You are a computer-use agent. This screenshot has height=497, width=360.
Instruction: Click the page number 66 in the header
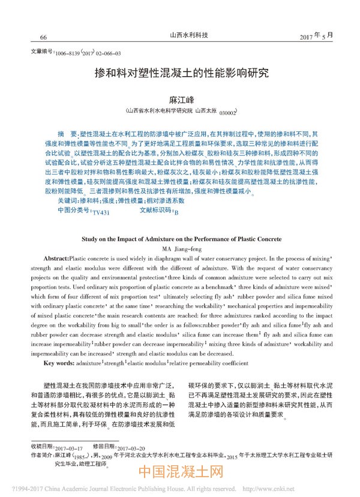tap(43, 37)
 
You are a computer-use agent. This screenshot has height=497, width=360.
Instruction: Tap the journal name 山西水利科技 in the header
tap(189, 36)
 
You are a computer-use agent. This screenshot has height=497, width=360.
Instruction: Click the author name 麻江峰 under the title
tap(181, 98)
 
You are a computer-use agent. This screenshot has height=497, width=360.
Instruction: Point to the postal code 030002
tap(229, 112)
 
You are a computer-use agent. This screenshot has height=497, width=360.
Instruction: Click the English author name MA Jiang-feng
tap(180, 248)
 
